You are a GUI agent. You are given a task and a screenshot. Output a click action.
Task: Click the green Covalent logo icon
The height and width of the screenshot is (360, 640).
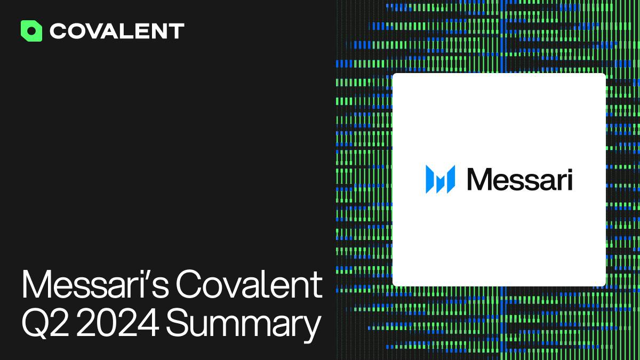[31, 31]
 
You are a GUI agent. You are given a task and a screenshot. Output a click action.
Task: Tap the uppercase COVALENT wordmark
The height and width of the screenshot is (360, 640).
[117, 31]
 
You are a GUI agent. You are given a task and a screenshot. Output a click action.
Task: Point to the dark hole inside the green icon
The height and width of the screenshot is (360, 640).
[31, 31]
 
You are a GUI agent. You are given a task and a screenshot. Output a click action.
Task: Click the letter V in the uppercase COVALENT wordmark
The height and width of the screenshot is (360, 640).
[101, 31]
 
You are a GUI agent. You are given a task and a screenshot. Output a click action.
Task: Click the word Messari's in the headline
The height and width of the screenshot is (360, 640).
[95, 284]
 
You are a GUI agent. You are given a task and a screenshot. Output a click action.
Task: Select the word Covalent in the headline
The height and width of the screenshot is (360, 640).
[249, 284]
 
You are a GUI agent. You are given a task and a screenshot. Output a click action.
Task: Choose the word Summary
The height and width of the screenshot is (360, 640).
[243, 325]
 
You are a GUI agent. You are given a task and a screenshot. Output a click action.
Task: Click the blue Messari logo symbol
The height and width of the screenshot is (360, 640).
[441, 179]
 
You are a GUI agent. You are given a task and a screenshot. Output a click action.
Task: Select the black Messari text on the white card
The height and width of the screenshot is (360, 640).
[519, 179]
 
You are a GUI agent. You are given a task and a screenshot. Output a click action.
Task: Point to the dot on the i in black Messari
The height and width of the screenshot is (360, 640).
[570, 171]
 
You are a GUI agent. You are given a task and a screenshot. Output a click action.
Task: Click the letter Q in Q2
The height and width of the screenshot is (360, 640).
[35, 323]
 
